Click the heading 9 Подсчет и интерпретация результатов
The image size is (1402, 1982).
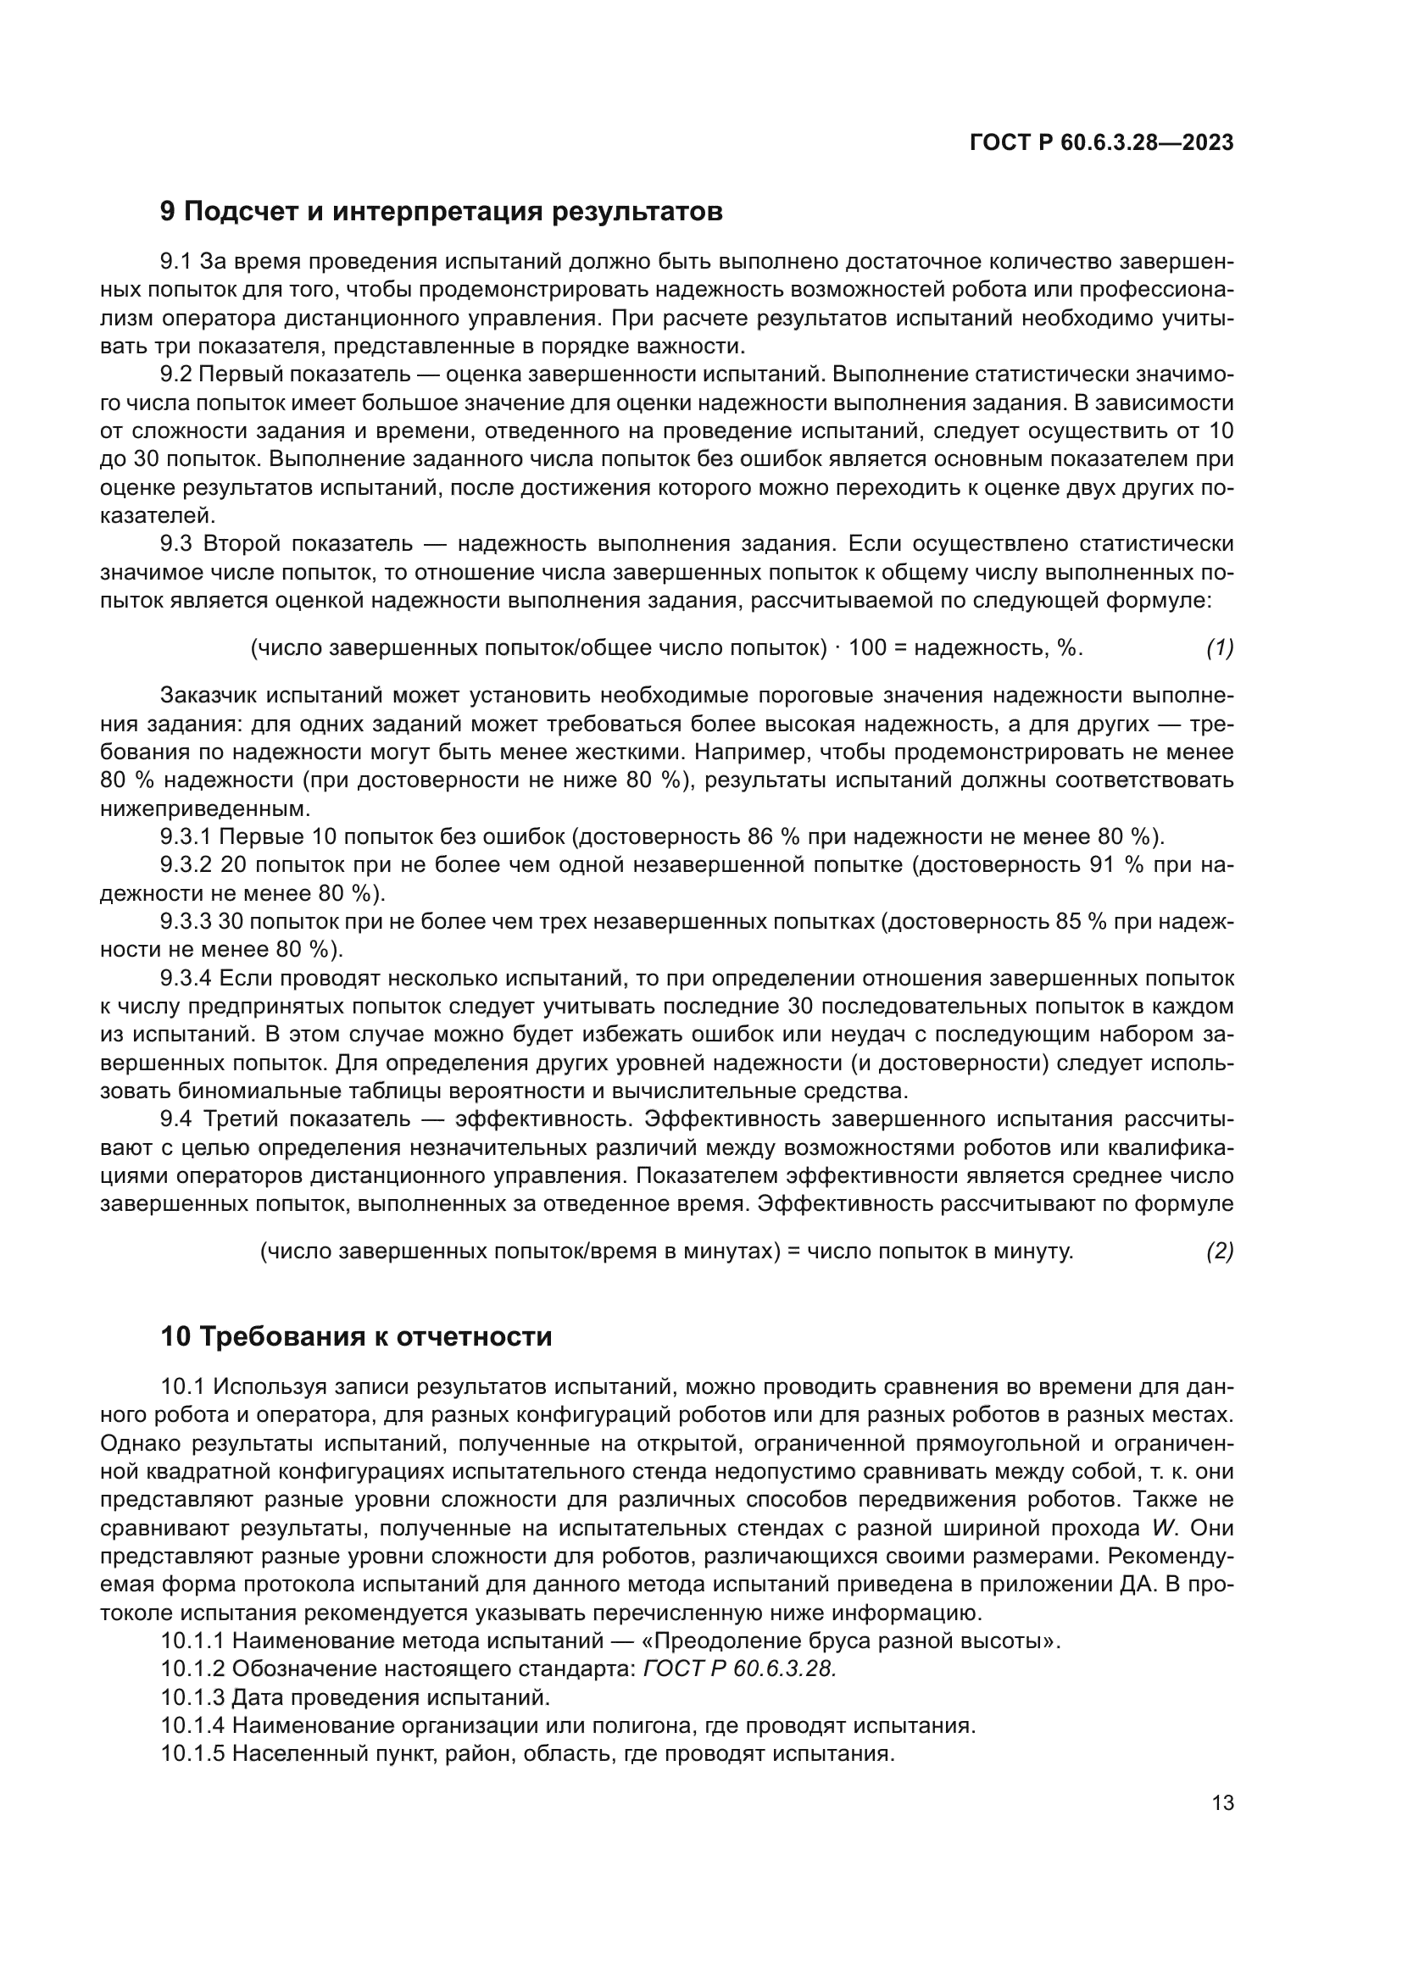click(x=441, y=212)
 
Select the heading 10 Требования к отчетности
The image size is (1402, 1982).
click(x=356, y=1337)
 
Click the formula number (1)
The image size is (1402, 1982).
click(x=1219, y=648)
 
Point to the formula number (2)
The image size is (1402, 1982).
click(x=1219, y=1252)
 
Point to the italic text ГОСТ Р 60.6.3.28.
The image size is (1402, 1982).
click(x=740, y=1668)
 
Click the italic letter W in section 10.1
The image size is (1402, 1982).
click(x=1164, y=1528)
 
